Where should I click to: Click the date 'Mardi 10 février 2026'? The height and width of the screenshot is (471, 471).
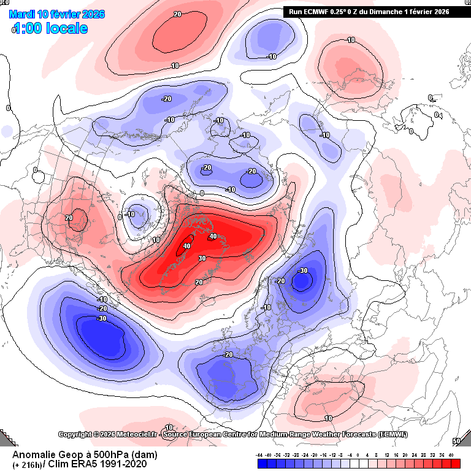56,14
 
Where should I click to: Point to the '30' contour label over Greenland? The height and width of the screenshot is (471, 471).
202,259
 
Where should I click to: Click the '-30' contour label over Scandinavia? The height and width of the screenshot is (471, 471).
302,270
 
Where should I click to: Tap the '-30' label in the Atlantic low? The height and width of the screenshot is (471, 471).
101,318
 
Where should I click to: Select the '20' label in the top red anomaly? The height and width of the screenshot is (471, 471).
177,13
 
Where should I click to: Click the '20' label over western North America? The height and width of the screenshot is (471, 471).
69,218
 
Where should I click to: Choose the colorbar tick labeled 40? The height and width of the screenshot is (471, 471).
451,455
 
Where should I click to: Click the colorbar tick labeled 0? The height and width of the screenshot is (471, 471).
357,455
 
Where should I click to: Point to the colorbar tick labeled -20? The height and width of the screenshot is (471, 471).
314,455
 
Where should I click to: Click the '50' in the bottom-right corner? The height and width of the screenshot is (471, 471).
456,441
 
